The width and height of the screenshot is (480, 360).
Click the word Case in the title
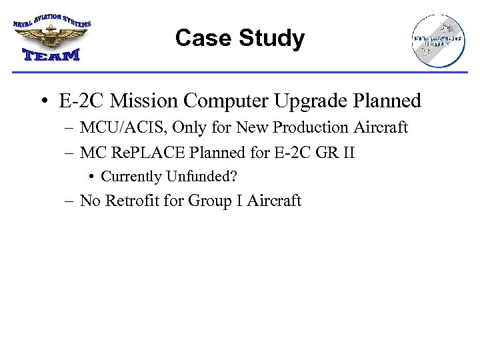pos(198,39)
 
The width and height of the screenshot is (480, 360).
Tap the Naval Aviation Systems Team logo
pos(51,38)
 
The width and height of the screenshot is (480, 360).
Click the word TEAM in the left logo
pos(51,54)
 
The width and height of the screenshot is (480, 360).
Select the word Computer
pos(225,101)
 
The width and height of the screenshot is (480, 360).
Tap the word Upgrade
pos(311,101)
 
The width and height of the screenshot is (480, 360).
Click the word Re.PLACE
pos(147,153)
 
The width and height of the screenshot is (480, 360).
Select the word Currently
pos(131,177)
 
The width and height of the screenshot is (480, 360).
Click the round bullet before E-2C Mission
pos(43,102)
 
